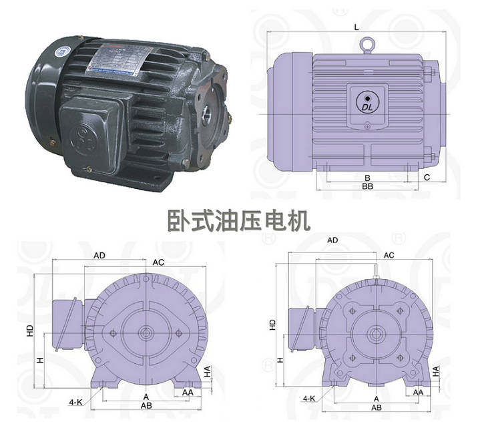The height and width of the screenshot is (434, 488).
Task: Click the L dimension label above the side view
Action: point(356,27)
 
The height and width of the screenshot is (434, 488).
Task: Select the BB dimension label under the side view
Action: point(368,186)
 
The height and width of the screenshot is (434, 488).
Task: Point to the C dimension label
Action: point(427,178)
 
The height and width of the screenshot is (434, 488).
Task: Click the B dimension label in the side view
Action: point(368,178)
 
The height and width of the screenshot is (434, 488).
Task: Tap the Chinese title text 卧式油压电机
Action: point(239,221)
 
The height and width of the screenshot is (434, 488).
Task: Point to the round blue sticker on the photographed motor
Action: point(63,51)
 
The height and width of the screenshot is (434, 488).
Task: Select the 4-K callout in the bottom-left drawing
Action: point(75,402)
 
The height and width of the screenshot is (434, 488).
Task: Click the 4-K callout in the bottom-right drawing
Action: point(309,399)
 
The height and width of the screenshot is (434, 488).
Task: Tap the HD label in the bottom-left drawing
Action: point(30,331)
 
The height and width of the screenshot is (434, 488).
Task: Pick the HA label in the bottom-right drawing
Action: point(436,371)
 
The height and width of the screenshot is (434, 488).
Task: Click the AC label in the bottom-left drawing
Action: point(158,263)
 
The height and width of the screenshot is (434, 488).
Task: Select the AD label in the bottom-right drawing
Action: point(332,240)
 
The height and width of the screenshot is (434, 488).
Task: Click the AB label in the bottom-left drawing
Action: point(146,406)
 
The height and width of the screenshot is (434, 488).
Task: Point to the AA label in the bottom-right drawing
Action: point(418,393)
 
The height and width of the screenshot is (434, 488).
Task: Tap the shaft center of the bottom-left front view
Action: point(146,333)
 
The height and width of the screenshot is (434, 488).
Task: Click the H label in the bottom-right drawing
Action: point(281,360)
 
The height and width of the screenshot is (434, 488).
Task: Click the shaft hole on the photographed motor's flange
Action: point(207,114)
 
